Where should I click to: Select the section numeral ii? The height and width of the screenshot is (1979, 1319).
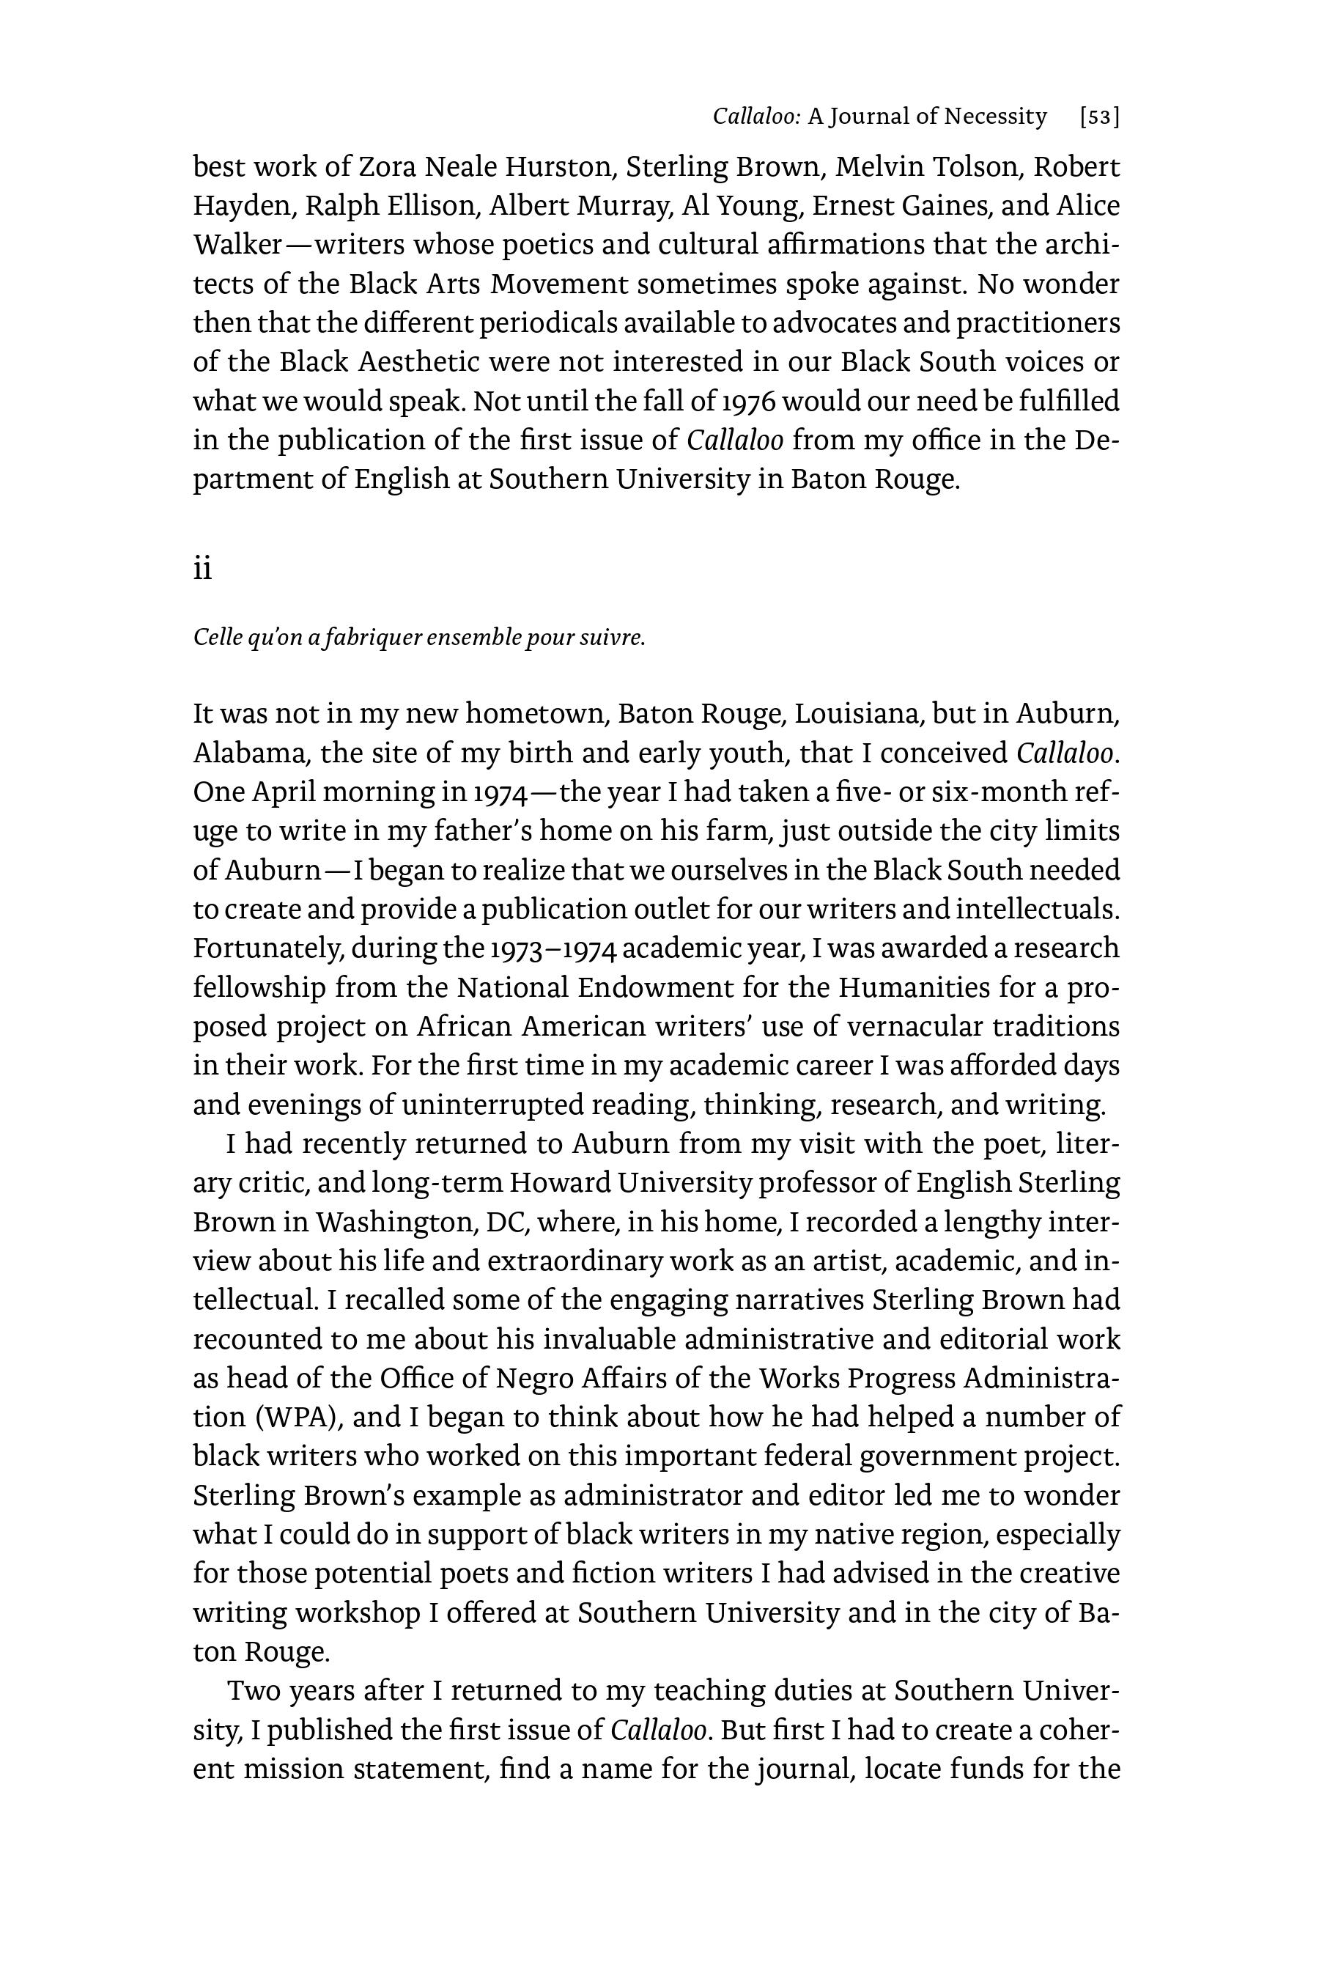tap(203, 570)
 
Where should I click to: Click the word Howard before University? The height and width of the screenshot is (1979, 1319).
tap(561, 1183)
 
